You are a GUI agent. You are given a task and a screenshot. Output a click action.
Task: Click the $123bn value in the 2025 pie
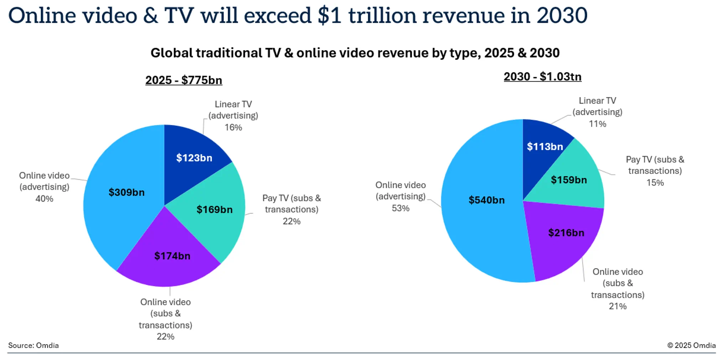click(x=194, y=158)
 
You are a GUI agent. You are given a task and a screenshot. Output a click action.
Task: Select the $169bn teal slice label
click(x=215, y=210)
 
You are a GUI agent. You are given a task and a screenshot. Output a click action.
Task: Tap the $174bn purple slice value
click(x=172, y=256)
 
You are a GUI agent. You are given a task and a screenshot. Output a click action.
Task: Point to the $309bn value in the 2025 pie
click(x=127, y=192)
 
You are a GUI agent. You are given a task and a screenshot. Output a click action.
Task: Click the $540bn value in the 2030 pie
click(x=486, y=200)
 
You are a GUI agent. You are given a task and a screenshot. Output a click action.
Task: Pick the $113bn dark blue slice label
click(x=545, y=146)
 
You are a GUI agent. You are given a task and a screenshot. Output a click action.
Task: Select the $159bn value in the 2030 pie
click(x=569, y=180)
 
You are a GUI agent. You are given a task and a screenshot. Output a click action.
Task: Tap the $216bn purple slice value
click(x=566, y=233)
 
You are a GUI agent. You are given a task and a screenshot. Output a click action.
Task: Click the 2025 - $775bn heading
click(x=184, y=80)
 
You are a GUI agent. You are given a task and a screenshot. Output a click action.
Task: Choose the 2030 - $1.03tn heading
click(x=542, y=77)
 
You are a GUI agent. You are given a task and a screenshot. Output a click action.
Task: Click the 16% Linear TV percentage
click(x=233, y=128)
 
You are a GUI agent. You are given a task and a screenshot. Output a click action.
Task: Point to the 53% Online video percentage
click(x=401, y=209)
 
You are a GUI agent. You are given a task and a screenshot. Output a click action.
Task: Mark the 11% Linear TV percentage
click(x=597, y=124)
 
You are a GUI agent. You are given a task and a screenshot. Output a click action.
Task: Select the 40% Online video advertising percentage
click(x=44, y=199)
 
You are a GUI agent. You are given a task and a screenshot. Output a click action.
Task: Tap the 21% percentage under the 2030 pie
click(x=618, y=307)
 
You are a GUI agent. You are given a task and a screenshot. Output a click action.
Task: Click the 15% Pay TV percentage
click(x=655, y=183)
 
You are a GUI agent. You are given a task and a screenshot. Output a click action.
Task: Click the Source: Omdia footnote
click(x=33, y=345)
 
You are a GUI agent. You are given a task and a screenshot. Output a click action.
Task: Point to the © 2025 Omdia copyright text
click(x=691, y=345)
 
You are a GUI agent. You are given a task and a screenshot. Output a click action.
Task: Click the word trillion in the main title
click(x=382, y=16)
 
